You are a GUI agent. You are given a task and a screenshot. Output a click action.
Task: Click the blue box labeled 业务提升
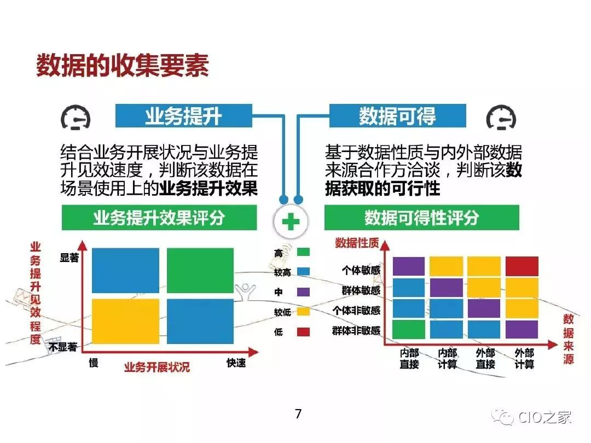[183, 116]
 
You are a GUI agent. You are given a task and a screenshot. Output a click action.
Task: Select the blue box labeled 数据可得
[397, 116]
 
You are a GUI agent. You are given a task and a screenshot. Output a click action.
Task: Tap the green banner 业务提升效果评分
[159, 218]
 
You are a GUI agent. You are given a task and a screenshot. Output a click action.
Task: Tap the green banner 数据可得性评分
[421, 218]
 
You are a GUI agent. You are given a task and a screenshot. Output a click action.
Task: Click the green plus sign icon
[291, 221]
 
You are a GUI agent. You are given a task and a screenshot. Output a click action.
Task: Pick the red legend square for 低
[303, 332]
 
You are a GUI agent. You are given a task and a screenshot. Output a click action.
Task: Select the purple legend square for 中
[303, 292]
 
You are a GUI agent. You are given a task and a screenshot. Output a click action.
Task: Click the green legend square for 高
[303, 252]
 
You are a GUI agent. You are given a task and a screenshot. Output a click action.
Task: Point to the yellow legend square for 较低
[303, 312]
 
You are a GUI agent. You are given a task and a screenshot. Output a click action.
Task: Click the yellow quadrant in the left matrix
[125, 320]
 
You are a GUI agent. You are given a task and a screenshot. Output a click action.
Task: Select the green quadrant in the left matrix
[200, 270]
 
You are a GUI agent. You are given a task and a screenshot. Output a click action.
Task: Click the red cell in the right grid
[522, 266]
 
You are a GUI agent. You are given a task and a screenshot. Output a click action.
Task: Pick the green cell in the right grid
[409, 329]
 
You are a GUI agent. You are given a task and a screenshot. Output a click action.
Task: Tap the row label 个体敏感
[361, 270]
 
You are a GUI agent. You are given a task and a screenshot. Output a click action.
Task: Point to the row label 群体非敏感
[356, 330]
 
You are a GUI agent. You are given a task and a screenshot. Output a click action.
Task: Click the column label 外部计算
[524, 358]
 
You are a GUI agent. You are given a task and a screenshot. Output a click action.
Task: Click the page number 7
[298, 414]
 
